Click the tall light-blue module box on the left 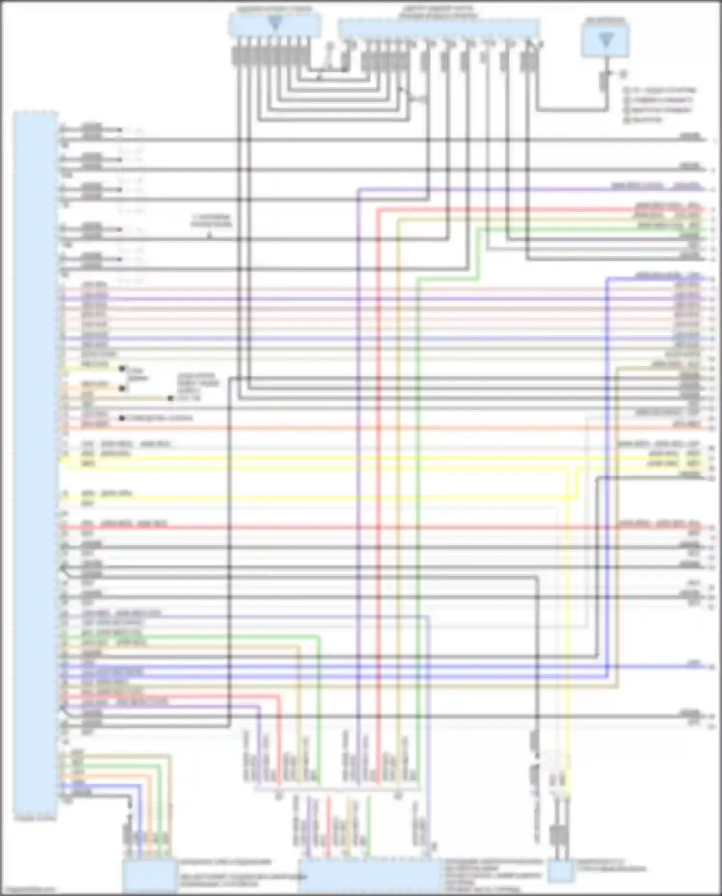point(36,462)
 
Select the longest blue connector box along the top point(438,28)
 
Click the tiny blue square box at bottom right point(561,870)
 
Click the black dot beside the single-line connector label point(122,418)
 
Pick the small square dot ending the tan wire point(170,398)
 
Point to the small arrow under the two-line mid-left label point(209,235)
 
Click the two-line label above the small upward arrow point(211,221)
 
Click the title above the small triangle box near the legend point(606,21)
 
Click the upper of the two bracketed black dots point(122,369)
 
